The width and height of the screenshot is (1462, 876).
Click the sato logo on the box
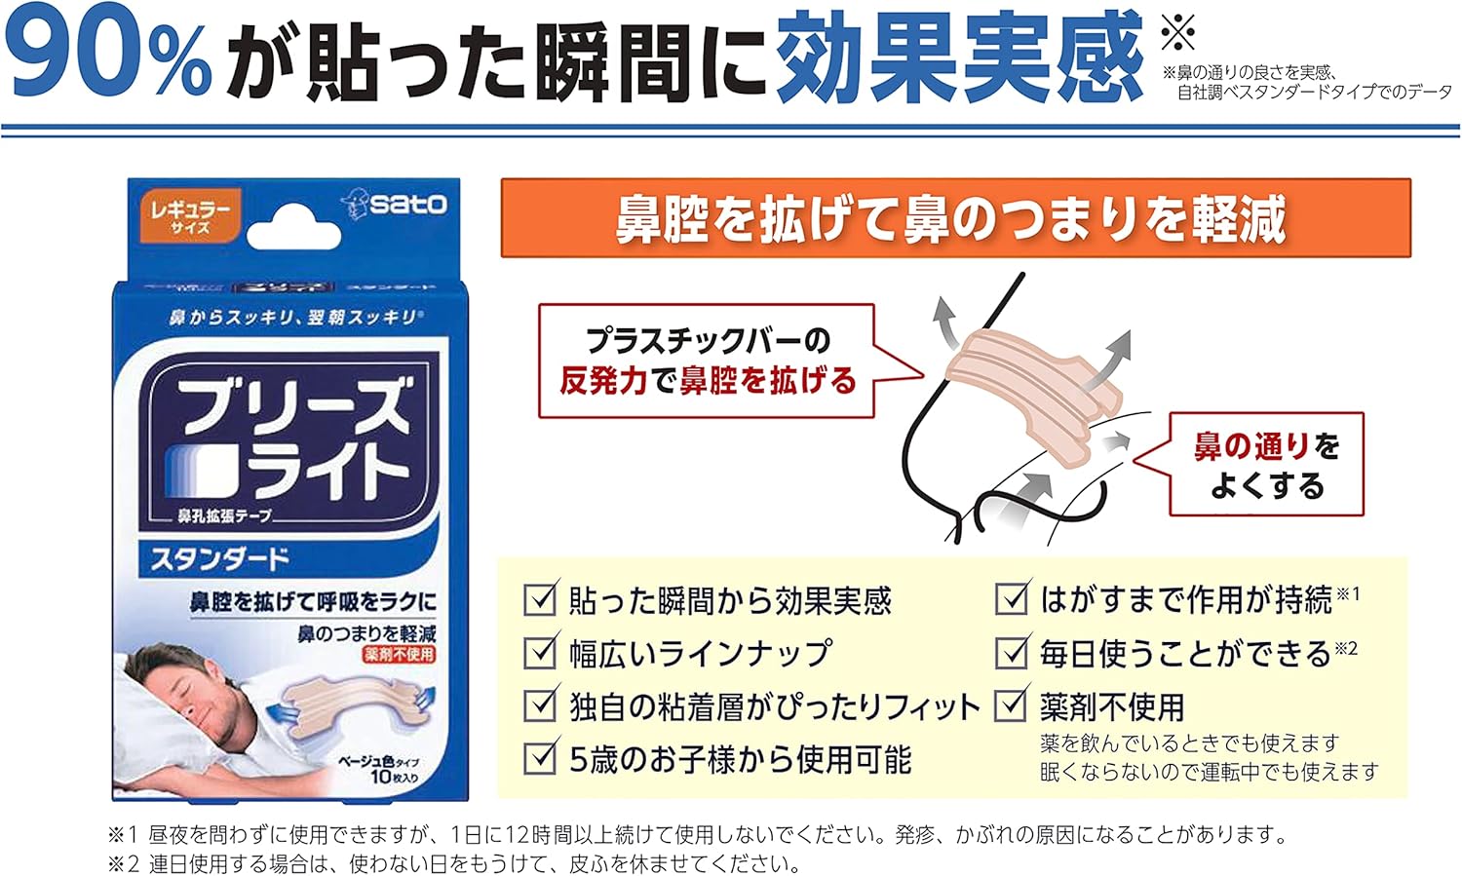[x=396, y=204]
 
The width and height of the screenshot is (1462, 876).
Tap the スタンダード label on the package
[x=219, y=558]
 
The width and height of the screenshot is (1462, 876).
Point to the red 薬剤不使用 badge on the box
[x=400, y=655]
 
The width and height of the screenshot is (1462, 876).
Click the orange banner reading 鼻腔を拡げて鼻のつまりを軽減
[x=955, y=218]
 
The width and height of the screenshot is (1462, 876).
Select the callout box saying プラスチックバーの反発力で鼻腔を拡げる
[x=707, y=362]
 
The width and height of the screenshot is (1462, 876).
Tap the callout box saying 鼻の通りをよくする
[x=1266, y=464]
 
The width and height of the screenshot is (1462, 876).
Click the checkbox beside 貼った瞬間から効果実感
[x=539, y=599]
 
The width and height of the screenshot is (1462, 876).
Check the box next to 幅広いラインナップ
[x=539, y=652]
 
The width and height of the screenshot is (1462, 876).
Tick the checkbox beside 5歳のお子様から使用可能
[x=539, y=757]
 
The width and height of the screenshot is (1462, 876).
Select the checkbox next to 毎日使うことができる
[x=1012, y=652]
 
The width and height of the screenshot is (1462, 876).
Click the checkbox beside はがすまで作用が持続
[x=1012, y=598]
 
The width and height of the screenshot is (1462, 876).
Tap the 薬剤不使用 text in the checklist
[x=1112, y=705]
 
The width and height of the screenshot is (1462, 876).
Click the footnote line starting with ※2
[x=454, y=863]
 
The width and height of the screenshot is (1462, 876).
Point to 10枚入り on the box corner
[x=394, y=777]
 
